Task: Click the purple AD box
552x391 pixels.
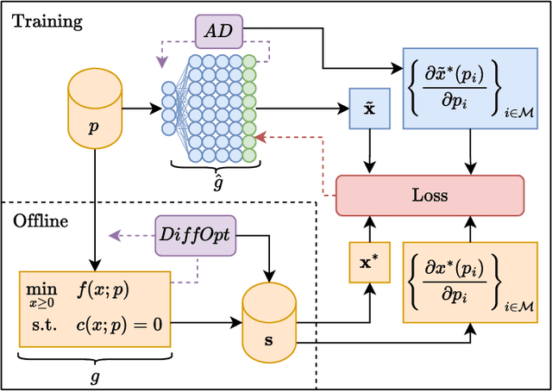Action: [x=218, y=32]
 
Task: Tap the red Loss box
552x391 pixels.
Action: [x=429, y=195]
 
